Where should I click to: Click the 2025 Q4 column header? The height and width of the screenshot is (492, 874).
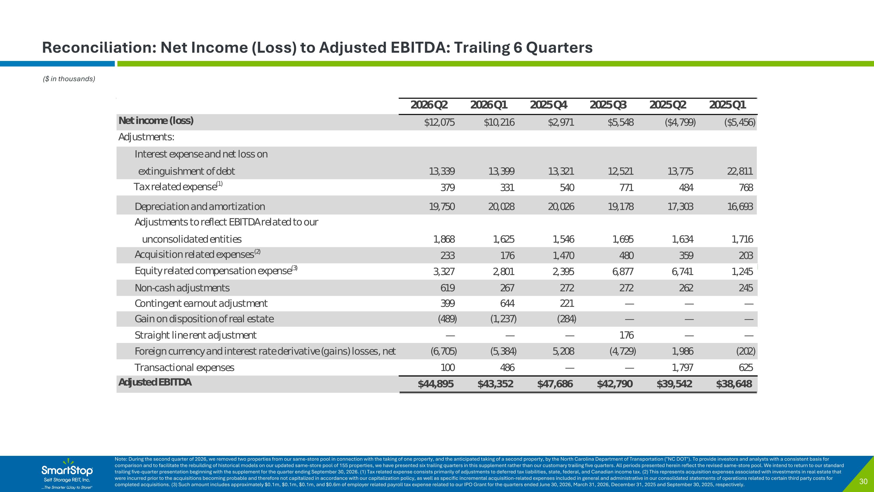tap(548, 105)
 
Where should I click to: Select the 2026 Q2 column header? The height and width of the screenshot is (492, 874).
tap(429, 105)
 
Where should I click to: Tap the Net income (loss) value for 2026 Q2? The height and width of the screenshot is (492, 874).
tap(439, 122)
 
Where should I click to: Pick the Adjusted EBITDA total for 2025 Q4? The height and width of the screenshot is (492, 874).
tap(555, 384)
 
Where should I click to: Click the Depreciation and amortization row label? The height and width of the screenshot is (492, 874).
tap(200, 206)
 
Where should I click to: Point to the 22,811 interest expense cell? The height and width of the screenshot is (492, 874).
tap(740, 171)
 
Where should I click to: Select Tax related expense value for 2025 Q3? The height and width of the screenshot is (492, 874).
tap(626, 188)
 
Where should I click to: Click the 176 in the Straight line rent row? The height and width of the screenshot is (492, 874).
tap(626, 335)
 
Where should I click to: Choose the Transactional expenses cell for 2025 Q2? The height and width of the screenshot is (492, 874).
tap(682, 367)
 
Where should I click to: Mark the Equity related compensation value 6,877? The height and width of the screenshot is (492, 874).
tap(623, 272)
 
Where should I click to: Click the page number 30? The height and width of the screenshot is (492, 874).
tap(863, 482)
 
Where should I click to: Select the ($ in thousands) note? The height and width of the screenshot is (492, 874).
tap(69, 79)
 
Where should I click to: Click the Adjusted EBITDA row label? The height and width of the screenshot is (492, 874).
tap(155, 382)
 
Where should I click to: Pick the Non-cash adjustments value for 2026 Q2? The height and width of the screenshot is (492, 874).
tap(447, 288)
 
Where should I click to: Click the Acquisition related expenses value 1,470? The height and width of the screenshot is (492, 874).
tap(563, 255)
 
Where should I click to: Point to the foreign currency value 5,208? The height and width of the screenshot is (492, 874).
tap(563, 351)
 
